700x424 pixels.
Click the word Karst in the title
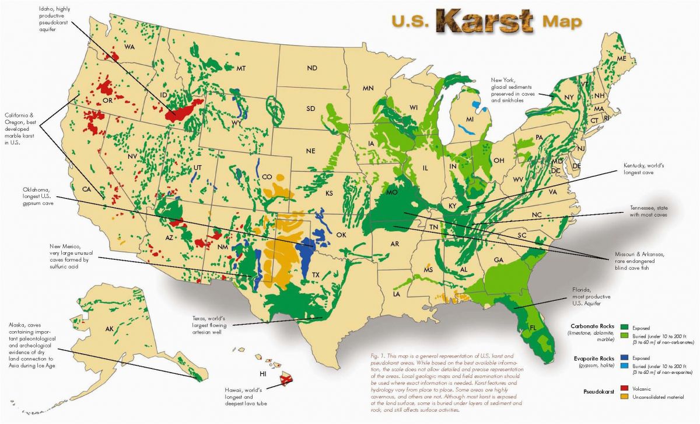[484, 22]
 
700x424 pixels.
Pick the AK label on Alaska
[109, 329]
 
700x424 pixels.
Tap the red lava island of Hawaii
[286, 380]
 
